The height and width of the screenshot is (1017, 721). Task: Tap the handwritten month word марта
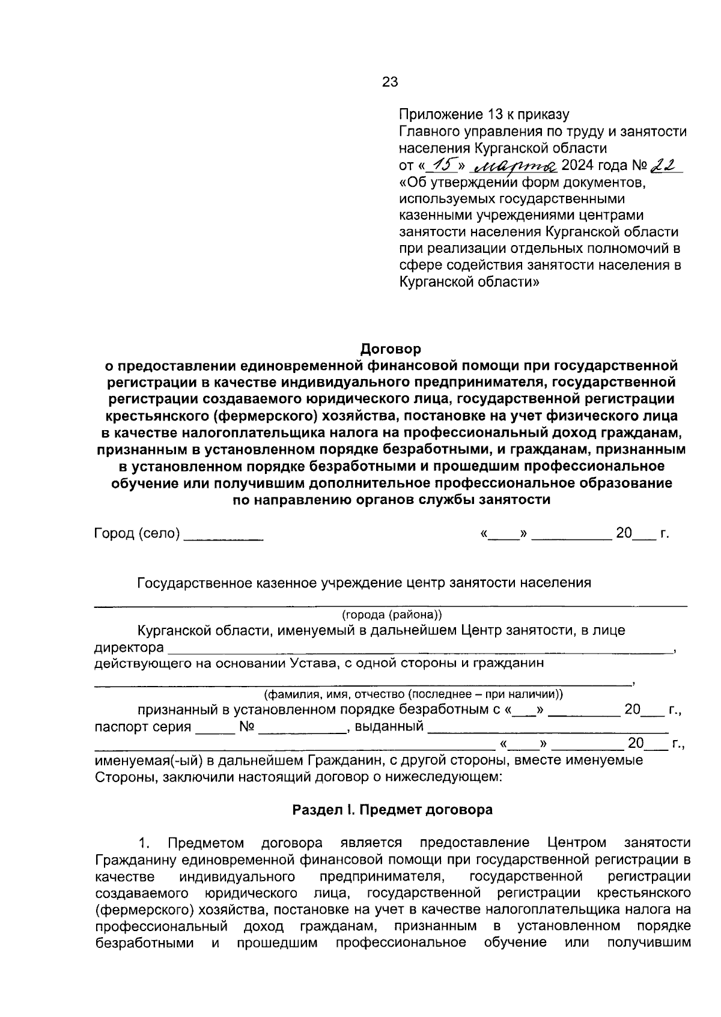tap(517, 165)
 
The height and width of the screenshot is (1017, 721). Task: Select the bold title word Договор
tap(391, 349)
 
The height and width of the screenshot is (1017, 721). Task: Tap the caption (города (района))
tap(392, 615)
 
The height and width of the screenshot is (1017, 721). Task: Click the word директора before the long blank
tap(129, 648)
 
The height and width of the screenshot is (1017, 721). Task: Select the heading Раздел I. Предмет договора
tap(392, 810)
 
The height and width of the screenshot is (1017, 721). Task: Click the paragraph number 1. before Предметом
tap(144, 843)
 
